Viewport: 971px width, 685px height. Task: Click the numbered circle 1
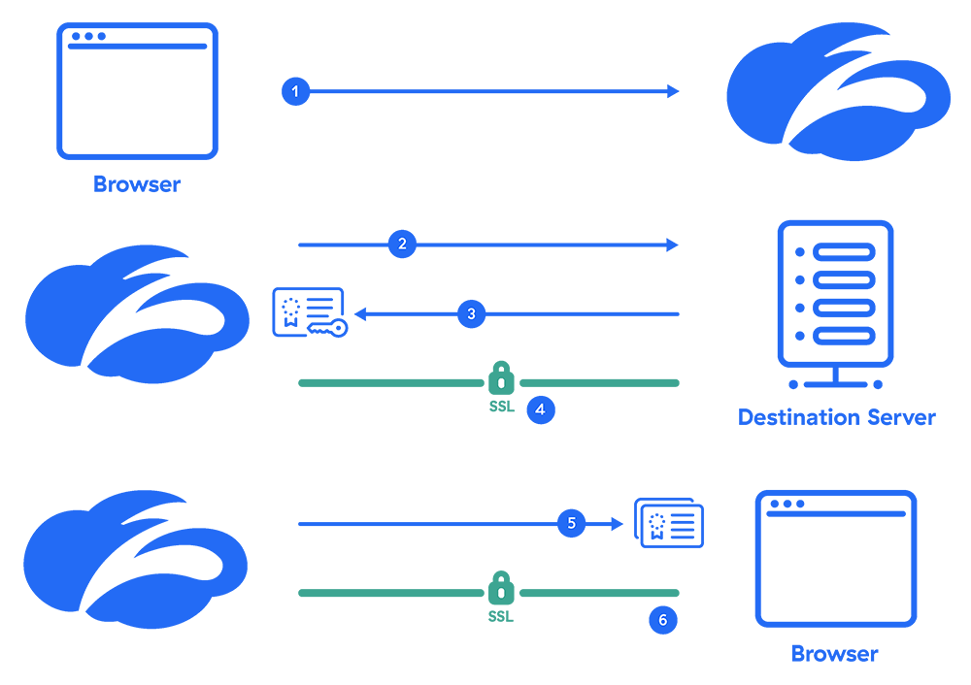click(295, 91)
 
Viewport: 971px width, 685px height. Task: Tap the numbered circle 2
click(402, 245)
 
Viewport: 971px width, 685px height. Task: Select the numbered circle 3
click(471, 313)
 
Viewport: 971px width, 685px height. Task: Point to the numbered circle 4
click(540, 409)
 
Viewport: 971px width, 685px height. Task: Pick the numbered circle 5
click(571, 524)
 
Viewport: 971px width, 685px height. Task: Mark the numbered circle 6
click(662, 620)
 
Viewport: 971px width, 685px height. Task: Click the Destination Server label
click(836, 418)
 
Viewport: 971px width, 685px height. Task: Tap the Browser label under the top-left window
click(137, 183)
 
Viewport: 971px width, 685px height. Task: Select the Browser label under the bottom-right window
click(834, 654)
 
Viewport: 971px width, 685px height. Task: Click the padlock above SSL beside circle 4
click(501, 377)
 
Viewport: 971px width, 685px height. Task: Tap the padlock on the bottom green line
click(500, 587)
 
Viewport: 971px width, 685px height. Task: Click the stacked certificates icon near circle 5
click(669, 523)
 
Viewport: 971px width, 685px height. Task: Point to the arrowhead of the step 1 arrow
click(673, 91)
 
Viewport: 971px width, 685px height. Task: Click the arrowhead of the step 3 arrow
click(359, 313)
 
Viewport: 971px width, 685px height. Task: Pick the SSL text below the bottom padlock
click(500, 616)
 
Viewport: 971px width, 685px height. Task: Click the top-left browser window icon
click(137, 91)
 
